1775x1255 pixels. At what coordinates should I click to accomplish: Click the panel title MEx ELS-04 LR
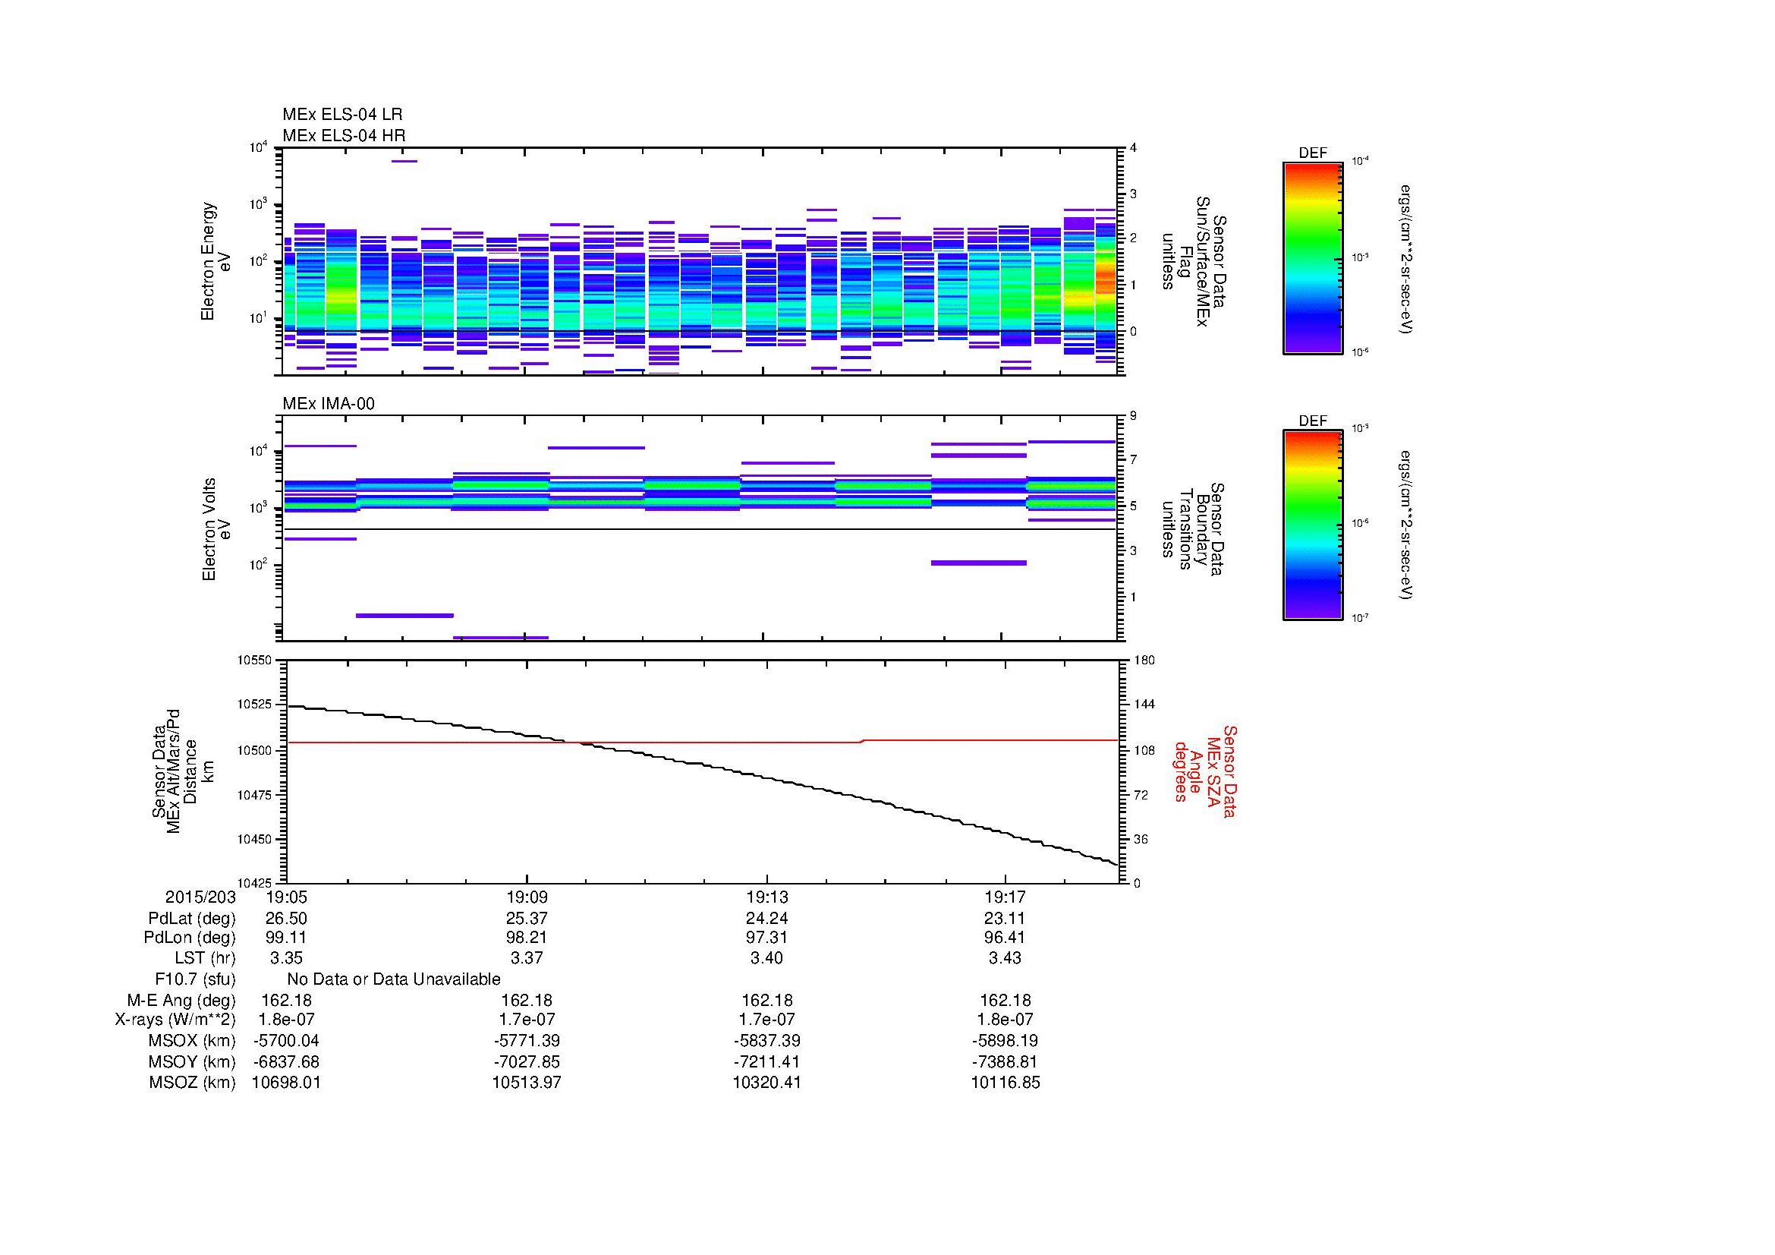tap(341, 115)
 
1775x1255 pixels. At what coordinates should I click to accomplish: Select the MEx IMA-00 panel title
tap(328, 404)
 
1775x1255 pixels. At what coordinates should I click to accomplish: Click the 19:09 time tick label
tap(527, 897)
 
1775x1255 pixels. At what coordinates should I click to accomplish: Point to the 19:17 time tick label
tap(1004, 897)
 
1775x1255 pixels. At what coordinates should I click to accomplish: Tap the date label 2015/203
tap(200, 897)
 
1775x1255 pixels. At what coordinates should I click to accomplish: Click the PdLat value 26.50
tap(286, 919)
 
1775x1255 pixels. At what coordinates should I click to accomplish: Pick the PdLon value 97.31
tap(766, 938)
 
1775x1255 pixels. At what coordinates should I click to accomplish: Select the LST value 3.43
tap(1004, 958)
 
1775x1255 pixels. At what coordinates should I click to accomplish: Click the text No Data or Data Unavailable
tap(394, 979)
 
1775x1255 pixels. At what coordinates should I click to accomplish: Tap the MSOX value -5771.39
tap(527, 1041)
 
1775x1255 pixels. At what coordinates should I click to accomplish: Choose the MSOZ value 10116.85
tap(1005, 1083)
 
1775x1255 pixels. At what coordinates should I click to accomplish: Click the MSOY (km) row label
tap(192, 1061)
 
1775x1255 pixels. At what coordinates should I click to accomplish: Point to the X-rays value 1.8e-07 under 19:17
tap(1004, 1020)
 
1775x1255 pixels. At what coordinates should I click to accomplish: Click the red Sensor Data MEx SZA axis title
tap(1204, 771)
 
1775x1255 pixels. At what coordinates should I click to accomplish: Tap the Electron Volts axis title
tap(217, 530)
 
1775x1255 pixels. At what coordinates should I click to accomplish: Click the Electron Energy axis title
tap(216, 261)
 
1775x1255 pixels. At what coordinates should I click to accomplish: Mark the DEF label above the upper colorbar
tap(1312, 153)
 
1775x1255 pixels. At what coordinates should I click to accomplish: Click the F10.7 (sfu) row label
tap(195, 979)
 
